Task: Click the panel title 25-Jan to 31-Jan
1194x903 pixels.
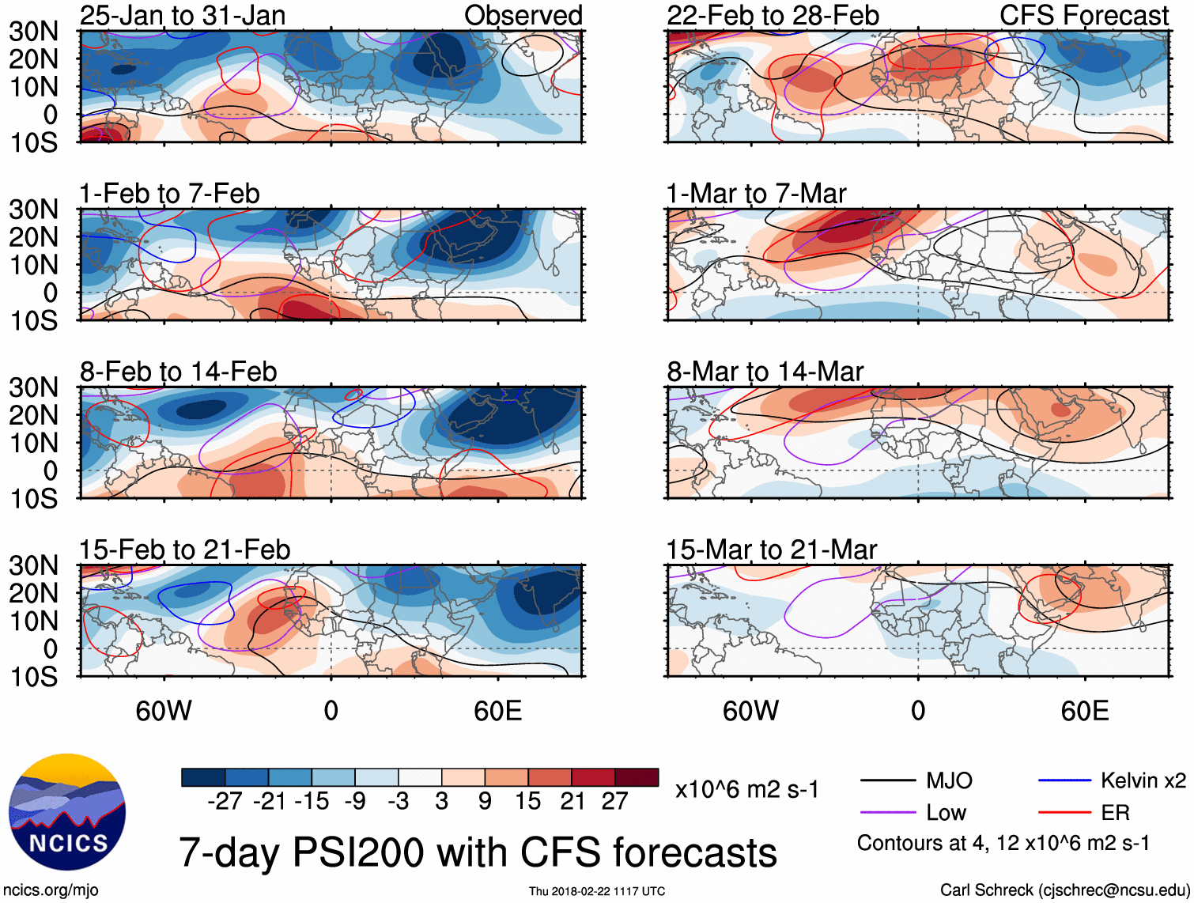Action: click(183, 16)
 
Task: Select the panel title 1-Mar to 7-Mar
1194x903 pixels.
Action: click(756, 194)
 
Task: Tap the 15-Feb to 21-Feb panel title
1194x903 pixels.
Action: click(184, 550)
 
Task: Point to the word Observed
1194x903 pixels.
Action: click(523, 16)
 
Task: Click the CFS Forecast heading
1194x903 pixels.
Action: click(1083, 16)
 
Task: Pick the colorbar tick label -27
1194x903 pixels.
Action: click(225, 801)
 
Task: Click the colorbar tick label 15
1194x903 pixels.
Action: click(527, 801)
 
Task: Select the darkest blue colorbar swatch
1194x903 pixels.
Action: click(203, 777)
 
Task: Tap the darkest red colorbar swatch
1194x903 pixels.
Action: click(637, 777)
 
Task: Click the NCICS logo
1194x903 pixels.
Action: click(67, 811)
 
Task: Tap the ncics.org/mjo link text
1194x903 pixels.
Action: click(51, 890)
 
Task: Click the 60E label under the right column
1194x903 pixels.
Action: click(1084, 711)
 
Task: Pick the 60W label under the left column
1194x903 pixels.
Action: click(164, 711)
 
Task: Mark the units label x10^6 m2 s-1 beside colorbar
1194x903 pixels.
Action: click(746, 790)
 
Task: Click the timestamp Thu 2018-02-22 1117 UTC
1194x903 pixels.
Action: click(597, 891)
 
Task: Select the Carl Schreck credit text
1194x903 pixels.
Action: click(1064, 890)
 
